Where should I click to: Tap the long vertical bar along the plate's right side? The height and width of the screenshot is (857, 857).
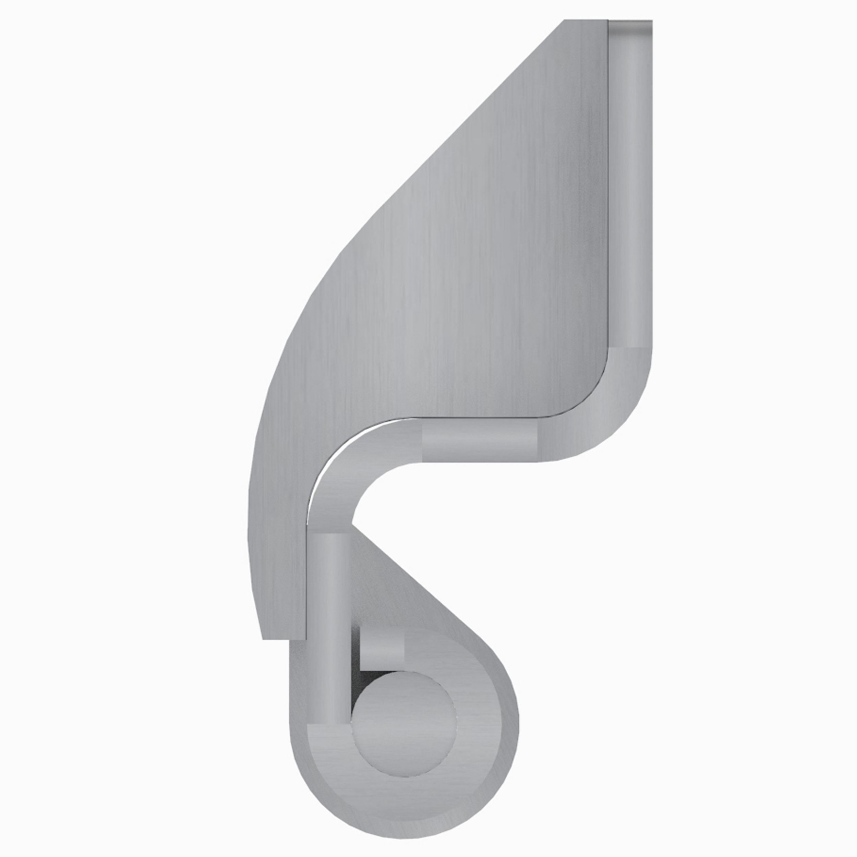coord(630,186)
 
